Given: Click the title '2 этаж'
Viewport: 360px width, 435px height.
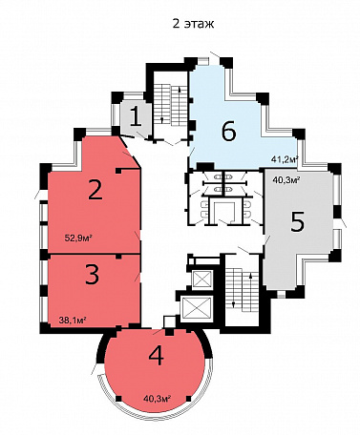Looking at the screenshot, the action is coord(193,24).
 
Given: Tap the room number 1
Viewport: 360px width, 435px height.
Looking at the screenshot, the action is coord(137,116).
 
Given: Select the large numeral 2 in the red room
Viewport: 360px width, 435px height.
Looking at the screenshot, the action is coord(95,190).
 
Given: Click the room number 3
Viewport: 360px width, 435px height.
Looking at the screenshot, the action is coord(93,274).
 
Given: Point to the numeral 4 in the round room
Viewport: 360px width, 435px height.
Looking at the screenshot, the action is coord(157,356).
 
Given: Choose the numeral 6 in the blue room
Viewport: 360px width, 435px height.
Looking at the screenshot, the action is coord(228,131).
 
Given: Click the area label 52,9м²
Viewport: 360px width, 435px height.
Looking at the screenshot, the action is coord(78,238).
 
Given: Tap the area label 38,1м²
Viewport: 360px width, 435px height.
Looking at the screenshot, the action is coord(73,320).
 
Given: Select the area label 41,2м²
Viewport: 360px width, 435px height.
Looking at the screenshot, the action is coord(285,158).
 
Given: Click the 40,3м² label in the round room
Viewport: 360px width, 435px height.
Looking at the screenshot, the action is coord(158,398).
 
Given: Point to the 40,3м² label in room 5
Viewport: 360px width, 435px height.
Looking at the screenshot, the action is coord(286,180).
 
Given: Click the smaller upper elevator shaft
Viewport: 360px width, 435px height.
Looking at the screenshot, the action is coord(202,280).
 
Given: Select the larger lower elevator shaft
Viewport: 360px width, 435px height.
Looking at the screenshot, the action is coord(196,308).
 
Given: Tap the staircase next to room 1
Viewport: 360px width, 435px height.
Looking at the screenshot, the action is coord(171,104).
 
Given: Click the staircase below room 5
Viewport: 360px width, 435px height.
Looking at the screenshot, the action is coord(243,289).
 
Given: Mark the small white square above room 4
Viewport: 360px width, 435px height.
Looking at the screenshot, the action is coord(169,321).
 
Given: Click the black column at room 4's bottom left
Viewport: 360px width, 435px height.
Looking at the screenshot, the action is coord(118,399).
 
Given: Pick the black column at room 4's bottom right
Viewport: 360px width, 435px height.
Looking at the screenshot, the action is coord(189,399).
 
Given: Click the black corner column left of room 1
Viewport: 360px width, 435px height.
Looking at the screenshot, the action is coord(117,97).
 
